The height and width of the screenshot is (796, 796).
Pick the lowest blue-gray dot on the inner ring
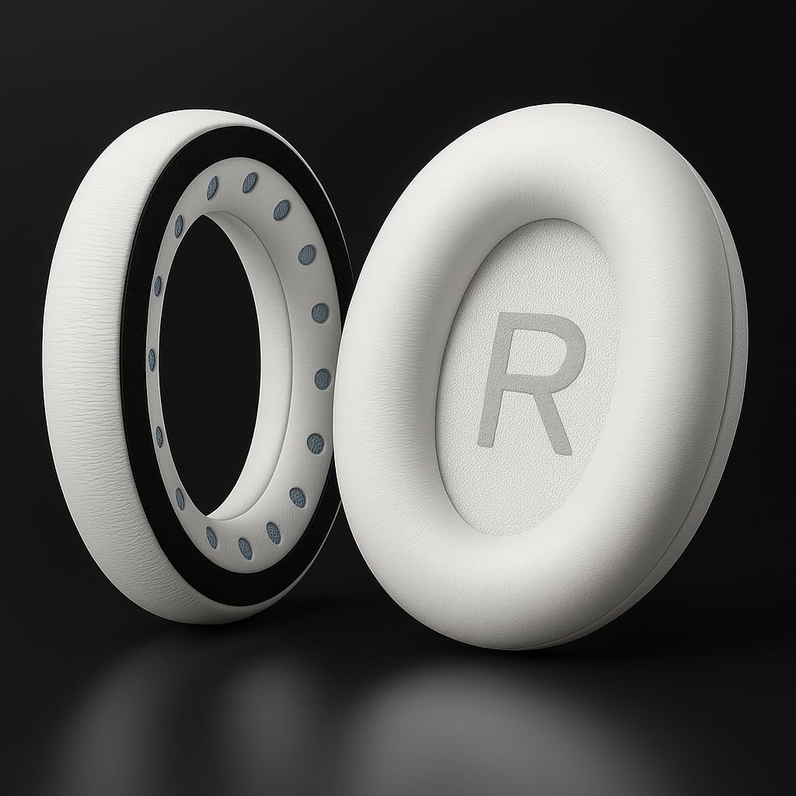click(x=245, y=548)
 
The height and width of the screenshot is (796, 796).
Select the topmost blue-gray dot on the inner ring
click(x=250, y=182)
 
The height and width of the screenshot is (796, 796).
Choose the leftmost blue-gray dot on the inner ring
click(x=152, y=359)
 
